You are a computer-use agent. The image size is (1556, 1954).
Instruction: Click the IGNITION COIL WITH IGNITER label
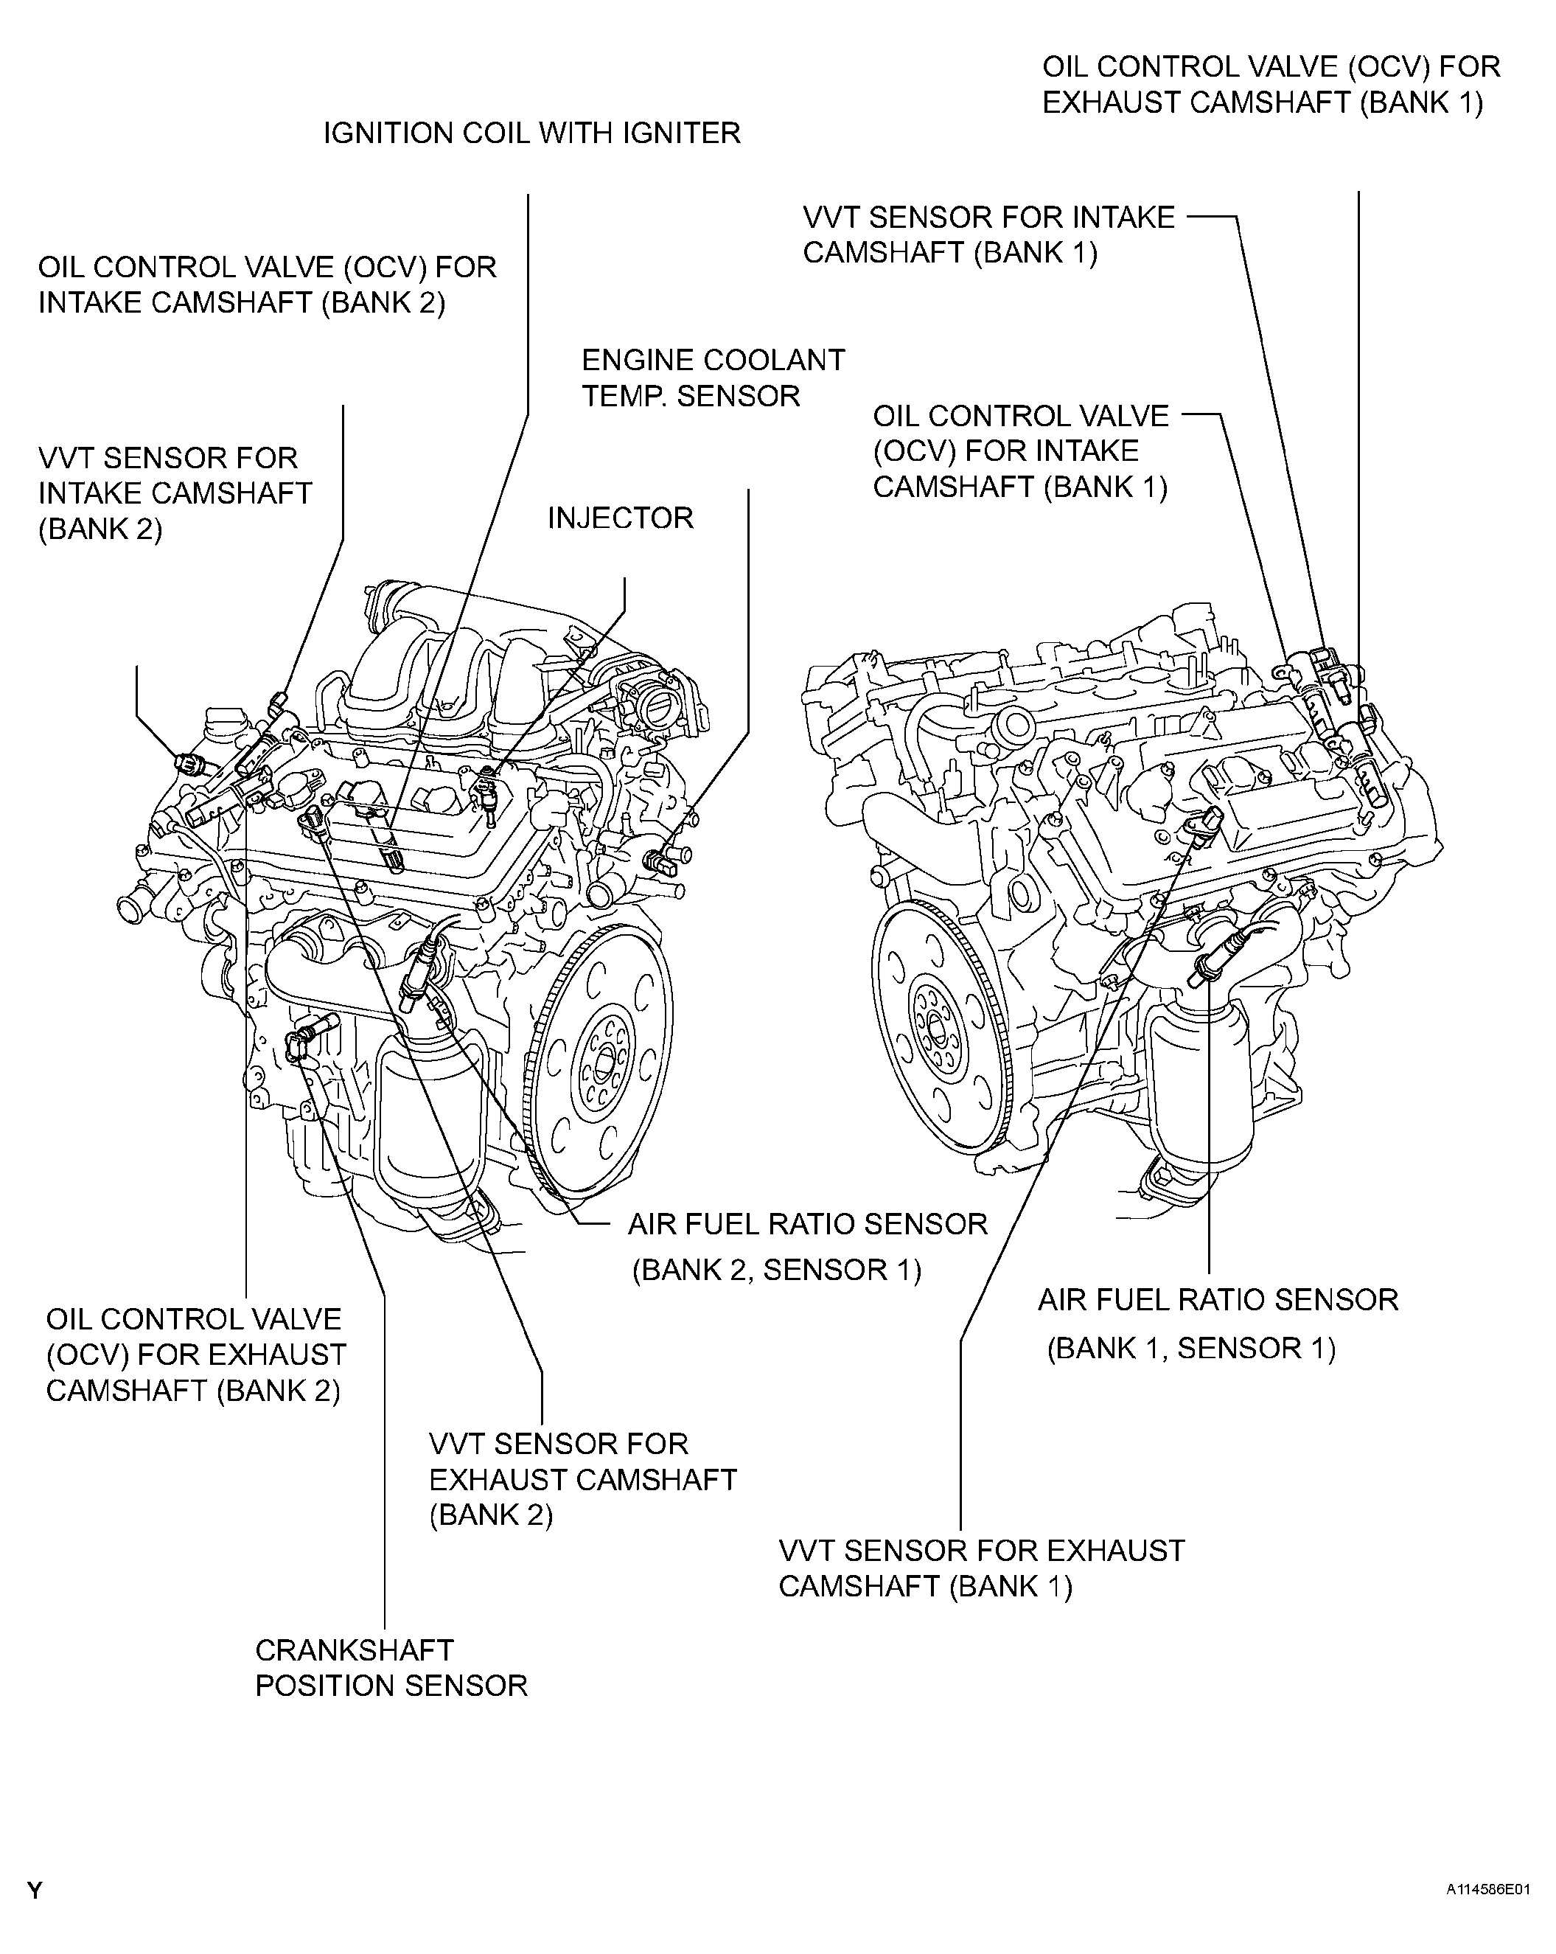(532, 133)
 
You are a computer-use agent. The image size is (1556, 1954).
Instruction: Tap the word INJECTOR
(620, 518)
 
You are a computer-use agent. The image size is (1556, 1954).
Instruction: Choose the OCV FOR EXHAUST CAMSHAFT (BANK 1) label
(1271, 84)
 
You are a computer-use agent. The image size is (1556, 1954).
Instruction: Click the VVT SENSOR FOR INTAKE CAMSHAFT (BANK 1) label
(988, 234)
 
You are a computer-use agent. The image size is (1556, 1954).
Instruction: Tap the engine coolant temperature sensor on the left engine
(660, 857)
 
